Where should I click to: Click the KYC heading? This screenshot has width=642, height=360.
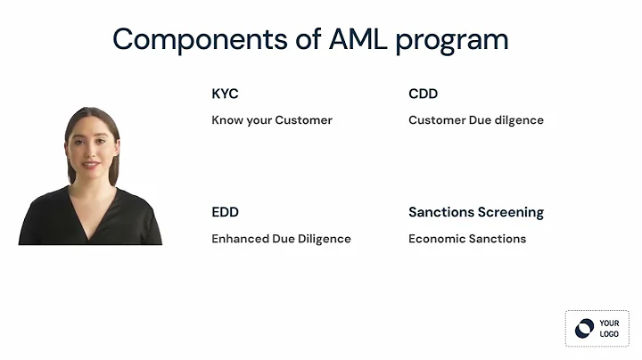225,94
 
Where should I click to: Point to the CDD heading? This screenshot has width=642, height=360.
423,94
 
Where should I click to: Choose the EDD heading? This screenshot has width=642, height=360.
225,212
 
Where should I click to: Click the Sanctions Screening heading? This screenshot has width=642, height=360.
475,212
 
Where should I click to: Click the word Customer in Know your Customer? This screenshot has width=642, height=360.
303,120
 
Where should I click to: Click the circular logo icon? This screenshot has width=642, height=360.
584,328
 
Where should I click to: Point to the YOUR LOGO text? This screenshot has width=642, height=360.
609,328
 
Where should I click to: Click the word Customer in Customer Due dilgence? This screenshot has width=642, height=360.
437,120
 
